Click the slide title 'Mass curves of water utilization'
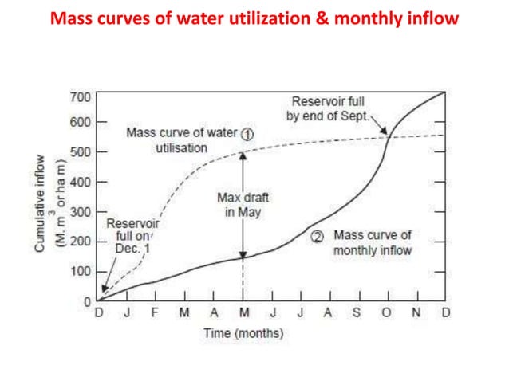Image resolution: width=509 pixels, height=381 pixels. pyautogui.click(x=254, y=18)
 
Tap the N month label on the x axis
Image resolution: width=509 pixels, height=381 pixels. pyautogui.click(x=416, y=312)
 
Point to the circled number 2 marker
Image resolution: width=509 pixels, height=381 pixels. pyautogui.click(x=317, y=236)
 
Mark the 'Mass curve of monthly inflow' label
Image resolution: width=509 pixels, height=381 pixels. pyautogui.click(x=372, y=243)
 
